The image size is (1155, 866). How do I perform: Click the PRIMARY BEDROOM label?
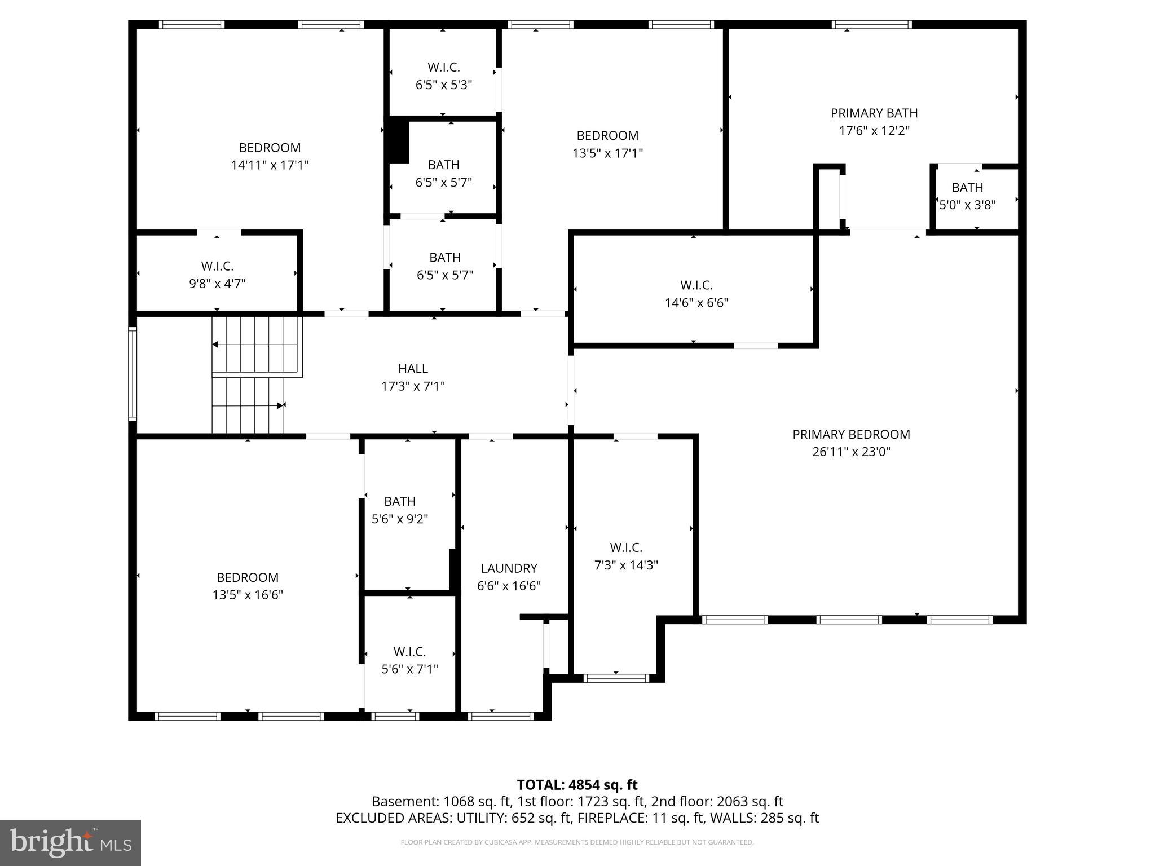coord(851,434)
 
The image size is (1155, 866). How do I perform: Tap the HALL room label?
coord(413,368)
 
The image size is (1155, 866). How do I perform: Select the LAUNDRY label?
coord(509,568)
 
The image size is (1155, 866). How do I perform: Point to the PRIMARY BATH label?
coord(874,113)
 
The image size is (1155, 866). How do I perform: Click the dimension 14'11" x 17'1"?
coord(270,165)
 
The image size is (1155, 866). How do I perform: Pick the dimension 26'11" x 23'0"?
coord(851,452)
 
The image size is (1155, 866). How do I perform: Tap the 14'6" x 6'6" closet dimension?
coord(696,303)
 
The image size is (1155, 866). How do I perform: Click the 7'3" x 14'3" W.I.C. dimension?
coord(626,565)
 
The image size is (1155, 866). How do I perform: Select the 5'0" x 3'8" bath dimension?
coord(967,205)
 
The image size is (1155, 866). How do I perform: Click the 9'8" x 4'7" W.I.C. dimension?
coord(217,284)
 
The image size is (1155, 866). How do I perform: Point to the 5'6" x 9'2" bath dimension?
coord(400,519)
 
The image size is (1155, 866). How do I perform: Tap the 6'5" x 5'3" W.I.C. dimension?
coord(443,85)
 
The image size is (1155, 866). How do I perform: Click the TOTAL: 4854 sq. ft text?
coord(577,785)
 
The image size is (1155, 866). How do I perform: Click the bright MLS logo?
coord(70,842)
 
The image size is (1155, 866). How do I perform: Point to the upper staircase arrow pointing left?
coord(215,344)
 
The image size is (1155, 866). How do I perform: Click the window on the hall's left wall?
coord(133,374)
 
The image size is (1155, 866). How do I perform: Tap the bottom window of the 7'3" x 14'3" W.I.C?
coord(616,678)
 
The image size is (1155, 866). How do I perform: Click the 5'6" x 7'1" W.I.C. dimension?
coord(409,669)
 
